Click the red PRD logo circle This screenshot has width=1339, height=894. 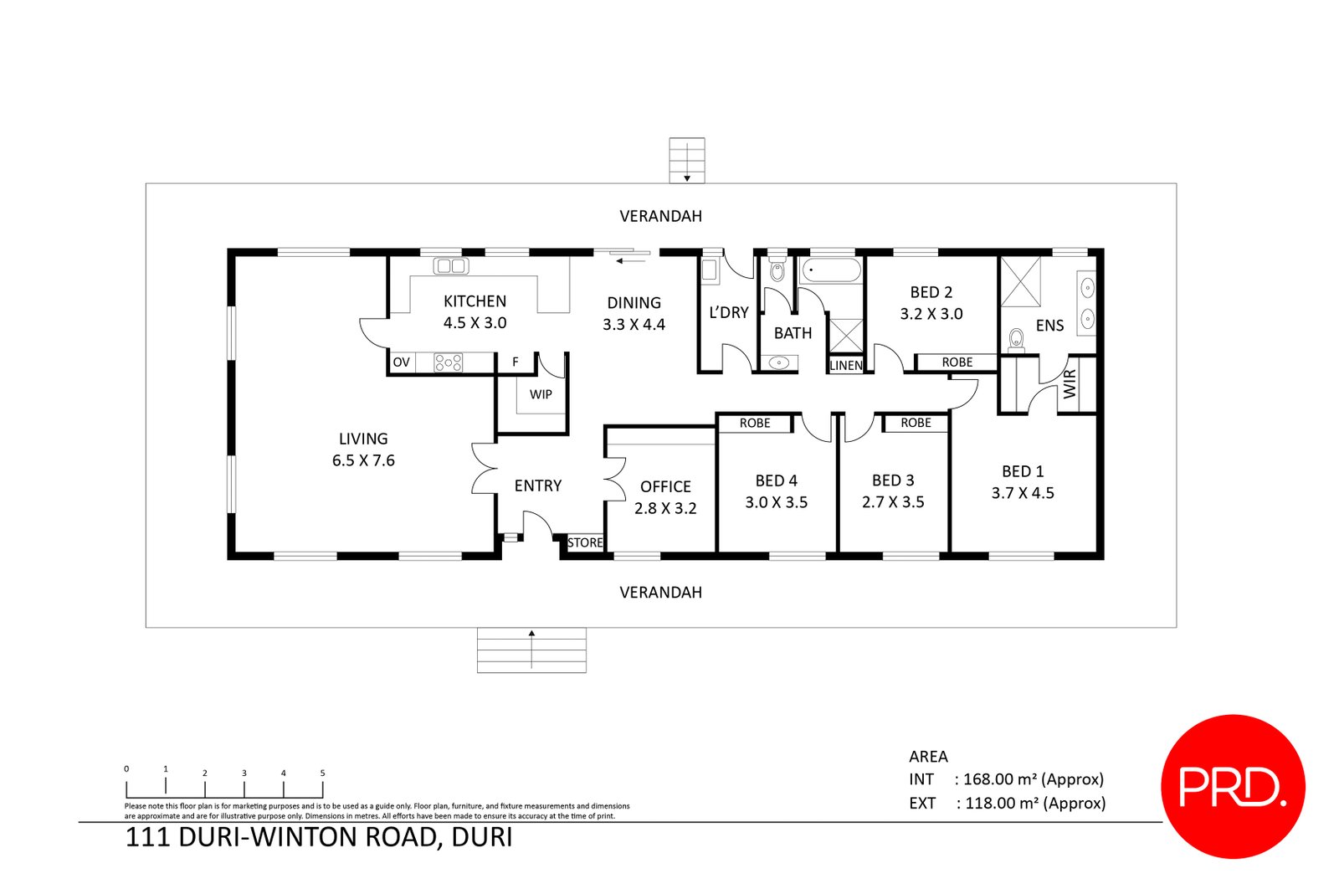1232,786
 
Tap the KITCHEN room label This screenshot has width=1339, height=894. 475,301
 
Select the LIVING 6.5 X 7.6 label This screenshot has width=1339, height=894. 363,450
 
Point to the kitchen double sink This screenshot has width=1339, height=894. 451,266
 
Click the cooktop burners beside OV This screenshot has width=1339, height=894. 448,362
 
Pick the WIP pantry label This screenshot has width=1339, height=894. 541,394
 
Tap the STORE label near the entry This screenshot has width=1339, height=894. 585,542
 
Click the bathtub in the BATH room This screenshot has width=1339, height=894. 830,270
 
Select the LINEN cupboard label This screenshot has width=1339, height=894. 845,366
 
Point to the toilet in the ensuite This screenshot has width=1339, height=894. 1016,338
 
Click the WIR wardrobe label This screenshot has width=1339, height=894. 1070,383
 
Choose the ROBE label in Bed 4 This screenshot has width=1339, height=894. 754,424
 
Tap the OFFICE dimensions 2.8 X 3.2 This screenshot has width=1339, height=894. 665,508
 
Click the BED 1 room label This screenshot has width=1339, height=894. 1023,471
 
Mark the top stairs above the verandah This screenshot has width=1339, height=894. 686,160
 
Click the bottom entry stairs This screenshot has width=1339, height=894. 531,650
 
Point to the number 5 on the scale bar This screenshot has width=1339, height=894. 322,773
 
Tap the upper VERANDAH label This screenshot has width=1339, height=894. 660,216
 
